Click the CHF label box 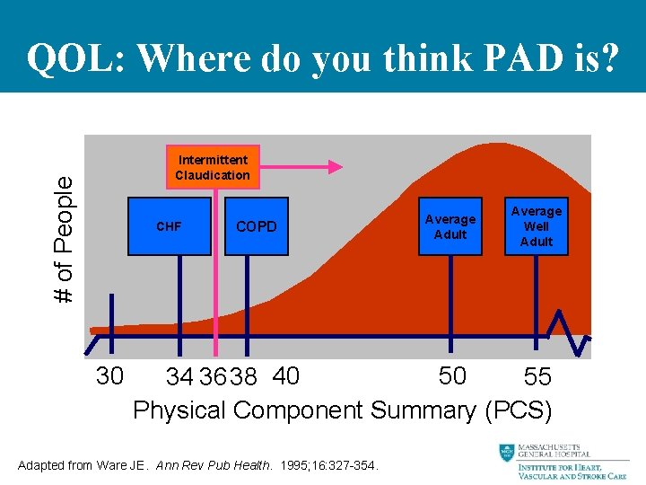[168, 226]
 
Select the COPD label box [256, 226]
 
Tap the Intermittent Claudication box [213, 167]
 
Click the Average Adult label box [450, 226]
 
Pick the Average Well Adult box [537, 226]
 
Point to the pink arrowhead [335, 166]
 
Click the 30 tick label [109, 375]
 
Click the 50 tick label [452, 375]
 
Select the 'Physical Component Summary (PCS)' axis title [342, 410]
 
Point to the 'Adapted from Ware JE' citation [198, 465]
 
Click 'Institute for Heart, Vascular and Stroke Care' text [574, 470]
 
